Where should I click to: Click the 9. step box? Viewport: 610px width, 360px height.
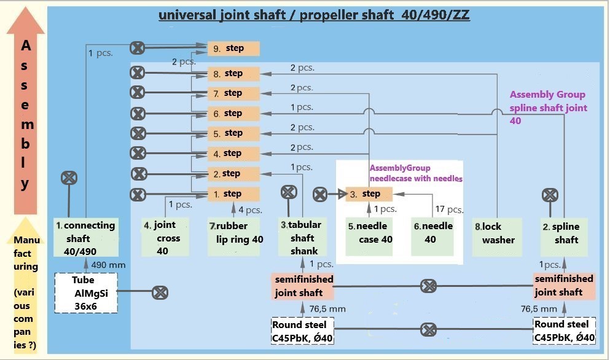click(233, 49)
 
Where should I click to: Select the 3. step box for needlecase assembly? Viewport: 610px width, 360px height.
click(369, 194)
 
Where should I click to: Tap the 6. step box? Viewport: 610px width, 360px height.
click(233, 113)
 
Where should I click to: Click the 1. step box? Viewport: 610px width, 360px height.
click(233, 194)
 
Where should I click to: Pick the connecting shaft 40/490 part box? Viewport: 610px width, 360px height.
click(86, 237)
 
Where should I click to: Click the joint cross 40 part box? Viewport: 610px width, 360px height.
click(165, 237)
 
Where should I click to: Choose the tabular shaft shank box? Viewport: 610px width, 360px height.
click(302, 237)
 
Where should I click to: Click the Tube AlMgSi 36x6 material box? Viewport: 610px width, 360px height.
click(86, 293)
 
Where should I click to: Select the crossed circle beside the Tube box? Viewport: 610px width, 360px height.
click(160, 292)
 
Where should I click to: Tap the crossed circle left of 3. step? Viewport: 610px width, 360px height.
click(320, 194)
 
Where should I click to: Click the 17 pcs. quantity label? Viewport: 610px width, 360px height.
click(449, 209)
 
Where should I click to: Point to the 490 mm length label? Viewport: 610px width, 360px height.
click(109, 265)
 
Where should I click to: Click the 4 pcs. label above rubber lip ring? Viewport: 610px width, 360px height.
click(250, 209)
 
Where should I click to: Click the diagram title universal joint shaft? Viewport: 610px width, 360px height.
click(315, 15)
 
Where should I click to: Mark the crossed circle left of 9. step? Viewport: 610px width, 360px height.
click(138, 48)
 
